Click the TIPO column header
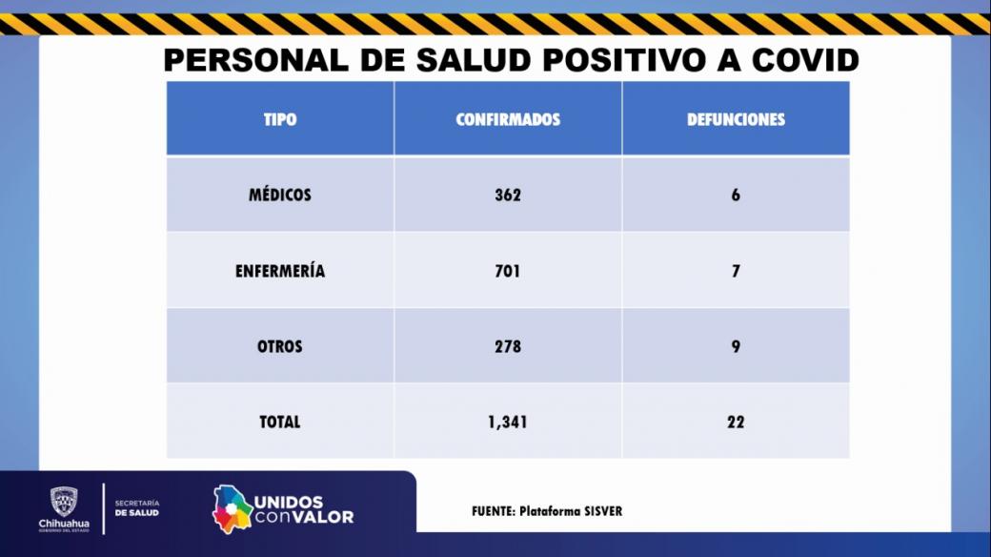coord(280,120)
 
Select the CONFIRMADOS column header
coord(508,120)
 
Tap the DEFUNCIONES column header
coord(736,120)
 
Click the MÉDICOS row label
coord(280,196)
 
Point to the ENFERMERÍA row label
coord(280,271)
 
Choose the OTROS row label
coord(280,346)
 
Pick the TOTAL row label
coord(280,422)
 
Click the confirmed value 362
coord(508,196)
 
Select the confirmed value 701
coord(508,271)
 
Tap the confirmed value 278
coord(508,346)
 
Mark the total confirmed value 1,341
coord(508,422)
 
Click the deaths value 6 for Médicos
coord(736,196)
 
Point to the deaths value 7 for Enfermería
coord(736,271)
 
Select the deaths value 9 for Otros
coord(736,346)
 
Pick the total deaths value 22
coord(736,422)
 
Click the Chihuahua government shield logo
coord(64,501)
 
